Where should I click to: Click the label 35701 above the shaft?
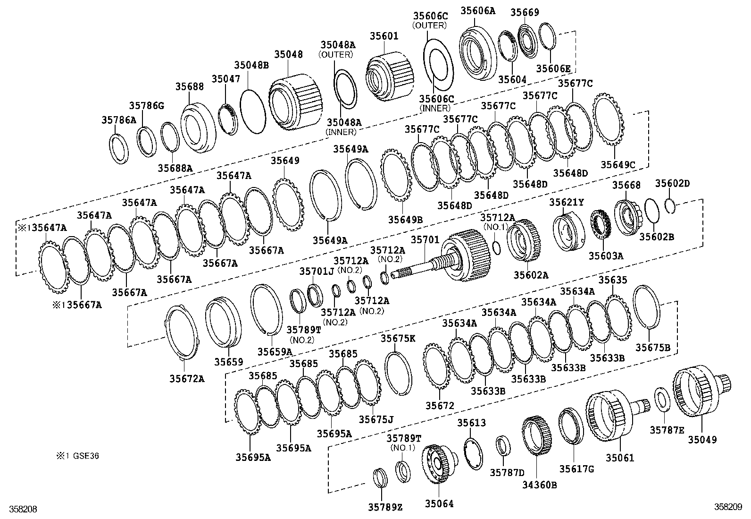pyautogui.click(x=425, y=240)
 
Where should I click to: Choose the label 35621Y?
pyautogui.click(x=566, y=203)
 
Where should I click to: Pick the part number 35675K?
pyautogui.click(x=398, y=338)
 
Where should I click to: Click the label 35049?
pyautogui.click(x=701, y=440)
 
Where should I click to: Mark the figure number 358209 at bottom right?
pyautogui.click(x=729, y=507)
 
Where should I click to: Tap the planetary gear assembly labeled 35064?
pyautogui.click(x=439, y=465)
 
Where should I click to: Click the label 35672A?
pyautogui.click(x=187, y=378)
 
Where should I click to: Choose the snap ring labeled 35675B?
pyautogui.click(x=644, y=306)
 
